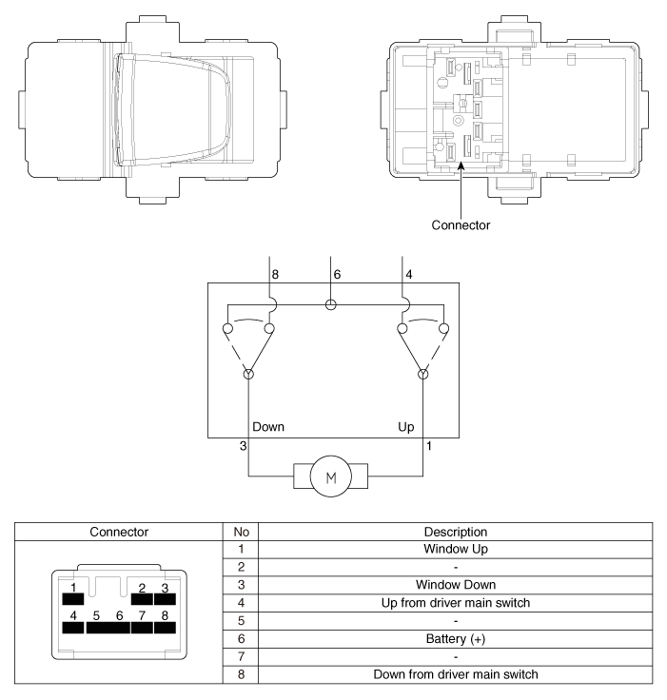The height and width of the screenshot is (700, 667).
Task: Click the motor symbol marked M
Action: (330, 476)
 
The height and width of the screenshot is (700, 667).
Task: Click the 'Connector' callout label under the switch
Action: (461, 225)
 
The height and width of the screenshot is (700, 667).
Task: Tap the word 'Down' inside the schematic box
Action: (268, 427)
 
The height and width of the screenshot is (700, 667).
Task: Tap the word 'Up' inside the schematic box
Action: (405, 427)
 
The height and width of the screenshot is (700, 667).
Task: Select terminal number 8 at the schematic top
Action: (275, 275)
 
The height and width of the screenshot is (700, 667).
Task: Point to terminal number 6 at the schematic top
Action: (337, 275)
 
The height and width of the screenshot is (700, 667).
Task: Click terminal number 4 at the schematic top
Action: (409, 275)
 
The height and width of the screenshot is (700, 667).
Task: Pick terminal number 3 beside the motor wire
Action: (243, 446)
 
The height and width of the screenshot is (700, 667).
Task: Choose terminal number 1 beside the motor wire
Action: (429, 446)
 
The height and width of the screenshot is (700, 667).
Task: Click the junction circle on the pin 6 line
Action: (330, 305)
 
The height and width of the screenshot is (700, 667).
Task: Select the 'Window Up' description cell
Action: (455, 549)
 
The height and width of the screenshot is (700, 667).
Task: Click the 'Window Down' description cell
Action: (455, 585)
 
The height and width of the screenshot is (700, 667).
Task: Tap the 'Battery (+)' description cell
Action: (455, 639)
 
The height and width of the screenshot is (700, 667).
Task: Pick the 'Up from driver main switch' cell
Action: (455, 603)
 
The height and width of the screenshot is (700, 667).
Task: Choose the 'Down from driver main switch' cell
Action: (455, 674)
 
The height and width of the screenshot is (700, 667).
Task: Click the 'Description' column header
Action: (455, 532)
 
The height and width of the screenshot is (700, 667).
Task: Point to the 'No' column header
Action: (241, 532)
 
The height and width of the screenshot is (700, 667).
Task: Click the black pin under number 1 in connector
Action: (73, 598)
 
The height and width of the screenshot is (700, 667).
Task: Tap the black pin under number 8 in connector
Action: (165, 627)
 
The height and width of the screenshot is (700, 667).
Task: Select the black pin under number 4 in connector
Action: (73, 627)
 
